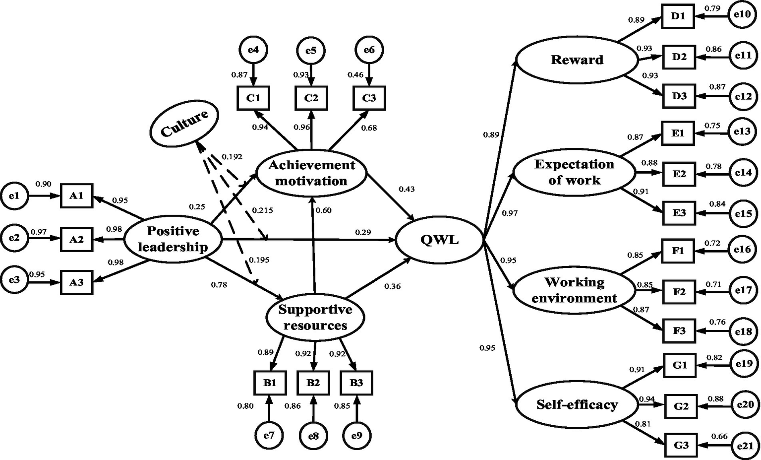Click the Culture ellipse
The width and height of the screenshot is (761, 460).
click(x=184, y=123)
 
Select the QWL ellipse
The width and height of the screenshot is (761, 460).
click(x=439, y=240)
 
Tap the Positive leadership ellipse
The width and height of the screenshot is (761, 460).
click(x=173, y=239)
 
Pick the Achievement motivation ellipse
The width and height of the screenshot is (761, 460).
click(x=311, y=173)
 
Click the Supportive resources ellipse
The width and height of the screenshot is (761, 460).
click(x=315, y=318)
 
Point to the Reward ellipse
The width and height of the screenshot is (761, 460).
click(x=577, y=60)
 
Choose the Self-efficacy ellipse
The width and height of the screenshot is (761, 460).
click(x=577, y=405)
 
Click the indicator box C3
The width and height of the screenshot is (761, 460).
click(x=369, y=98)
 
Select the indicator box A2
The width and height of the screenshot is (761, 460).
click(x=76, y=239)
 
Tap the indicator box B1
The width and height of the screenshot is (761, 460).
click(x=269, y=383)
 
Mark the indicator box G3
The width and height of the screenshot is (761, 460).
click(x=681, y=445)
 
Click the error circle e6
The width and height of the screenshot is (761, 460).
click(x=369, y=50)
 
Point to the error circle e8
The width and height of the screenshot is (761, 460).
click(x=313, y=436)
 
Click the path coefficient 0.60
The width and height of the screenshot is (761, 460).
click(x=323, y=210)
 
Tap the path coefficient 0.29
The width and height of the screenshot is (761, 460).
click(x=363, y=232)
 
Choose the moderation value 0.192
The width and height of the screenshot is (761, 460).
click(x=232, y=157)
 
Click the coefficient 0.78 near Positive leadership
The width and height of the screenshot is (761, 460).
click(x=219, y=285)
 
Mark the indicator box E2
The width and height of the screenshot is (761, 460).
click(x=679, y=173)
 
